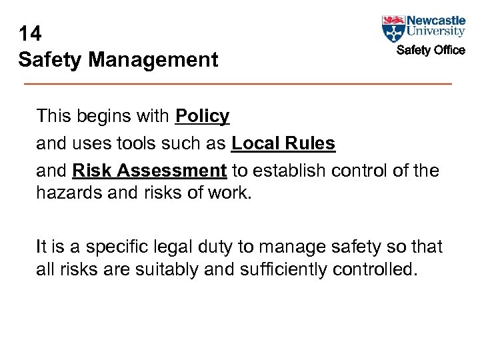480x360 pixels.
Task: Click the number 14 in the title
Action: coord(31,33)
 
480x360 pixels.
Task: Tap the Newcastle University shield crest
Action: coord(393,29)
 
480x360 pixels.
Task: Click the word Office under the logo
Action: coord(448,50)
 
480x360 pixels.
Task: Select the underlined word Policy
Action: coord(202,117)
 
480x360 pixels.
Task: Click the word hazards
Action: coord(67,193)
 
